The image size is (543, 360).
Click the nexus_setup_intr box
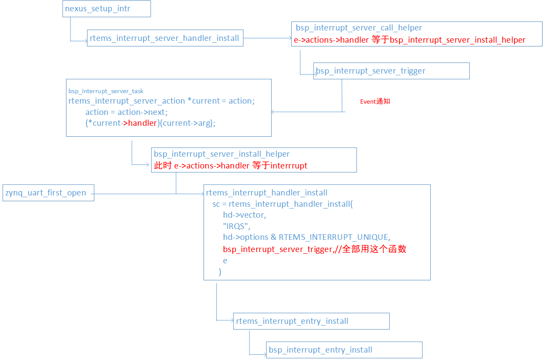coord(106,9)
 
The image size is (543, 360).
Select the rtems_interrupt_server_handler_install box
coord(165,38)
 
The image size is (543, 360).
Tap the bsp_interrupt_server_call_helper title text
coord(359,28)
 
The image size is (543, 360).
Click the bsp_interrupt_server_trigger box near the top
coord(391,71)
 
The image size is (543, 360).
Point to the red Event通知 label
coord(375,101)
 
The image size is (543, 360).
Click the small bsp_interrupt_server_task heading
coord(106,91)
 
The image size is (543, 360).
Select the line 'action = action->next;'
coord(126,112)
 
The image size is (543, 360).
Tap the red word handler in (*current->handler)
coord(142,123)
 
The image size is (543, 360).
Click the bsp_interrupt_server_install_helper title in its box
coord(222,154)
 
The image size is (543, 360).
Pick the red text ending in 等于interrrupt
coord(231,165)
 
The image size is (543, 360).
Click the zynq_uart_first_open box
coord(48,193)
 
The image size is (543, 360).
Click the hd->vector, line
coord(244,215)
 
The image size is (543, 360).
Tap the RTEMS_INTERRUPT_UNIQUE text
coord(334,237)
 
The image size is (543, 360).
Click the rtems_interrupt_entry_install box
coord(311,321)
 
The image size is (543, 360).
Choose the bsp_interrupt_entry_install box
coord(344,350)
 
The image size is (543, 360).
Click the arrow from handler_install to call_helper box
coord(267,38)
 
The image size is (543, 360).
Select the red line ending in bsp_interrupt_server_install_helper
coord(409,40)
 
